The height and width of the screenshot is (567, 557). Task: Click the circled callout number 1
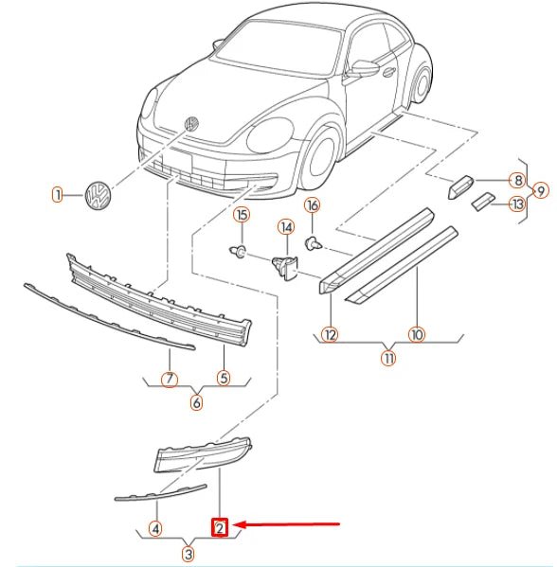(x=57, y=195)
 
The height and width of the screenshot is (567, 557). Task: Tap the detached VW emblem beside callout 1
(x=98, y=196)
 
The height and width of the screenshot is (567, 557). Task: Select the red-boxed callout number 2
(x=220, y=528)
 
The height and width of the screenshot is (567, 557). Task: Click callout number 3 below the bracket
(x=188, y=554)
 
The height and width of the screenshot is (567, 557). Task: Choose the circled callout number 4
(x=155, y=529)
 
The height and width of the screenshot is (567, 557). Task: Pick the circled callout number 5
(x=224, y=378)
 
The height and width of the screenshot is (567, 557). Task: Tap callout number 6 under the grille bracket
(x=196, y=402)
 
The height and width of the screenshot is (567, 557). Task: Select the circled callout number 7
(x=170, y=379)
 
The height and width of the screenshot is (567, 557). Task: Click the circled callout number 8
(x=517, y=180)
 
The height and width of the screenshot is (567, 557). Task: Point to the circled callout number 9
(x=541, y=190)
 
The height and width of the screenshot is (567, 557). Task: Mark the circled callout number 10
(x=417, y=334)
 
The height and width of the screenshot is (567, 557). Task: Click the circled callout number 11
(x=388, y=358)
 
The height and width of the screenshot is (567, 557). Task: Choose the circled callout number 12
(x=330, y=334)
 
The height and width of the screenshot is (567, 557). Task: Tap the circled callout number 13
(x=517, y=204)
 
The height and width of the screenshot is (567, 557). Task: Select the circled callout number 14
(x=286, y=227)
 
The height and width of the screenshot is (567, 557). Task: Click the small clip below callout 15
(x=238, y=251)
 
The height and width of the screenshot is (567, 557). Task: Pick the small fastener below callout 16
(x=313, y=243)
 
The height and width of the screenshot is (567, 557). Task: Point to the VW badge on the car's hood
(x=190, y=124)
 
